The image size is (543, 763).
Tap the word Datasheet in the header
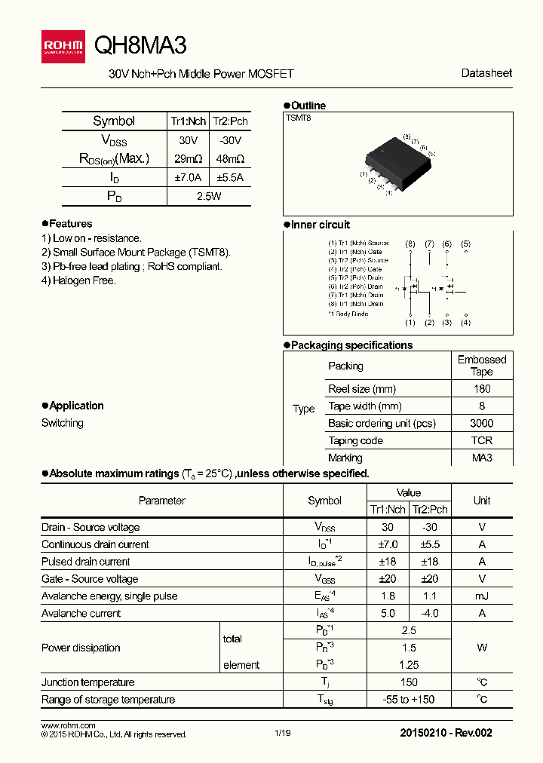(x=486, y=73)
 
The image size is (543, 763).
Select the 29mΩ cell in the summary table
(x=188, y=159)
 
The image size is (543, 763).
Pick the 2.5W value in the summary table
(x=208, y=196)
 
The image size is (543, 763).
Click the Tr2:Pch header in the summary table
(x=230, y=121)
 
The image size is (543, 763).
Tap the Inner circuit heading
(x=320, y=225)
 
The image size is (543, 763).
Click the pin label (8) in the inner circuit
(x=410, y=244)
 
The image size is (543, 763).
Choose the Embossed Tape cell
(x=482, y=366)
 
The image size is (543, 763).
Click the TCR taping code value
(x=482, y=440)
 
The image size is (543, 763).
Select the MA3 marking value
(x=482, y=458)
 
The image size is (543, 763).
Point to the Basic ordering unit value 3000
(x=482, y=423)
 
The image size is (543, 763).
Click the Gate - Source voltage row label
(x=90, y=579)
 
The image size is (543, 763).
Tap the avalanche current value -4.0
(x=429, y=613)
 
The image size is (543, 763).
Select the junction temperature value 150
(x=409, y=682)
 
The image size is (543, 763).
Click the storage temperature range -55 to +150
(x=409, y=700)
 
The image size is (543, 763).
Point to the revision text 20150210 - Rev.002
(x=446, y=733)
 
